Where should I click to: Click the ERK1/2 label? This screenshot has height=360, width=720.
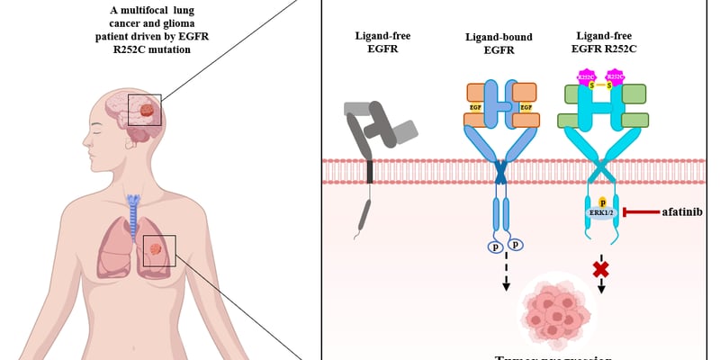601,213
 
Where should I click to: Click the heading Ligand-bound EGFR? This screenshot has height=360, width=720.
498,43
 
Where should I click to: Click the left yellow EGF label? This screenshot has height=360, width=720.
476,107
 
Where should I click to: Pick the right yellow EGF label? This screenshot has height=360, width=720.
526,107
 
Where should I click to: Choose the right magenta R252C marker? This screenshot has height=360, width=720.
616,78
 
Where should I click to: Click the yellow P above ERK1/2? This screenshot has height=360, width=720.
601,202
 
